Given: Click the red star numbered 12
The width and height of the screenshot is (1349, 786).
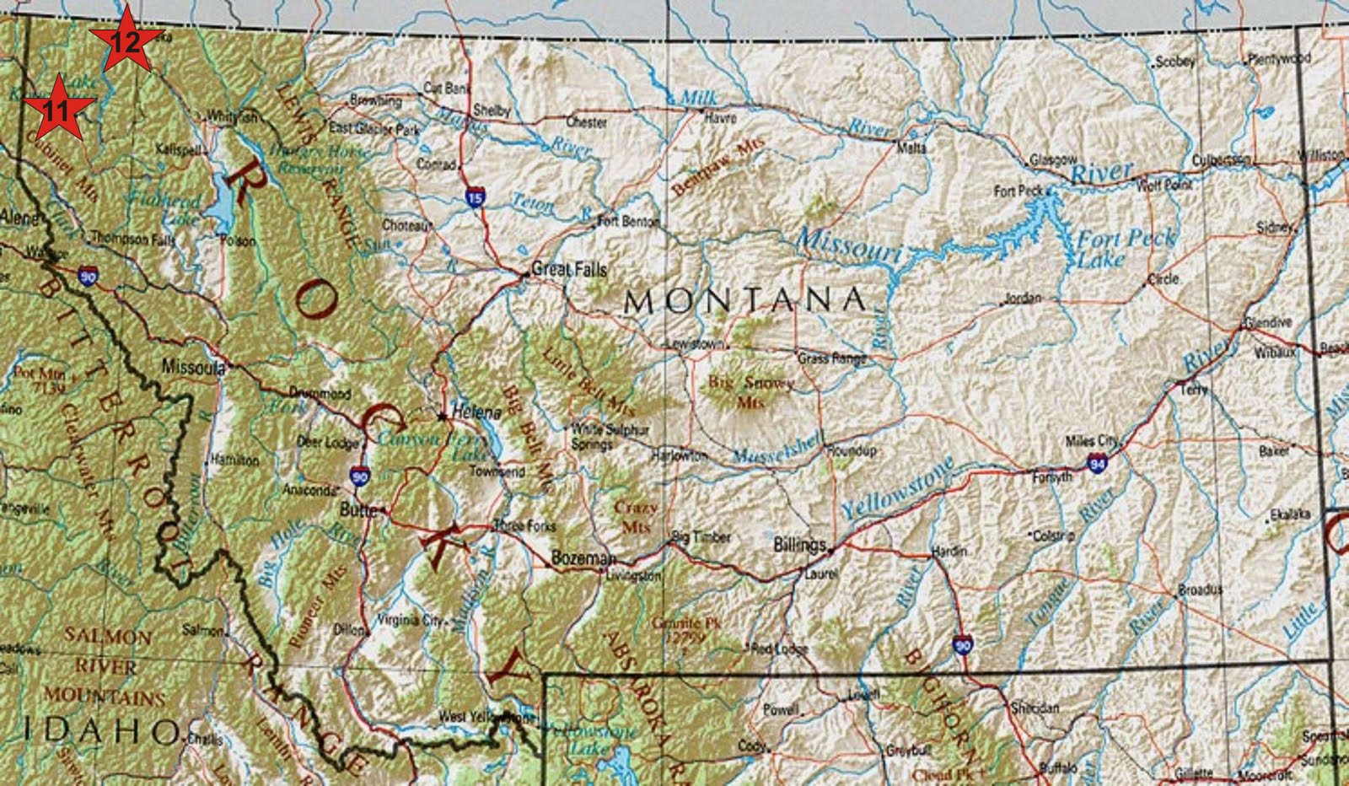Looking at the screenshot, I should [126, 40].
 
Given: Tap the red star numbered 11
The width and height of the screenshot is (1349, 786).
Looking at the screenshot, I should [58, 108].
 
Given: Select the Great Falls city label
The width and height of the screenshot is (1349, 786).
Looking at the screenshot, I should [569, 270].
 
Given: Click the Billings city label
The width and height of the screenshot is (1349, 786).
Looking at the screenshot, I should [799, 545].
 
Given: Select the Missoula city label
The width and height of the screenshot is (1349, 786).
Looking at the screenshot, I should [192, 367].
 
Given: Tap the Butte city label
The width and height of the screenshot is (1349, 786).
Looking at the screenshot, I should [357, 510].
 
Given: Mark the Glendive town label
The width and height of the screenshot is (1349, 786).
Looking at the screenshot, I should [1268, 323].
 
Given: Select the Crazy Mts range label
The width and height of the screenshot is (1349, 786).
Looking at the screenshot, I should [637, 515].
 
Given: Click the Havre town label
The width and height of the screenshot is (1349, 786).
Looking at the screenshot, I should [720, 119].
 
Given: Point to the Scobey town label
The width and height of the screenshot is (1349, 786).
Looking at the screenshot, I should [1175, 62].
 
